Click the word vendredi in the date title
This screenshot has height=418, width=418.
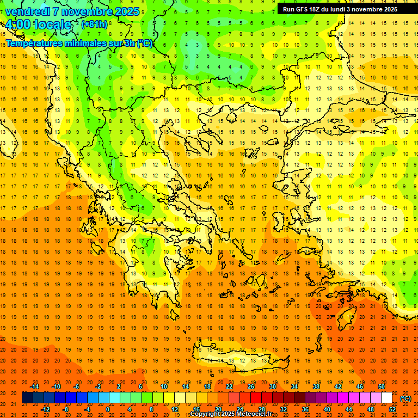point(28,11)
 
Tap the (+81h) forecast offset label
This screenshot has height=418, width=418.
point(94,24)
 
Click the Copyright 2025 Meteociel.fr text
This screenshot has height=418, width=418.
point(231,414)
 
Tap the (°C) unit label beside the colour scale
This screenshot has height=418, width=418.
point(405,398)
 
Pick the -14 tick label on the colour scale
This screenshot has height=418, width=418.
point(34,386)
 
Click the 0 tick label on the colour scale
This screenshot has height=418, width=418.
point(108,409)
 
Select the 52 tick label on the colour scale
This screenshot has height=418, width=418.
point(392,409)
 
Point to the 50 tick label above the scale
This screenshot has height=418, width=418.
point(382,386)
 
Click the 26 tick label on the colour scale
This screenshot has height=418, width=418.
point(251,386)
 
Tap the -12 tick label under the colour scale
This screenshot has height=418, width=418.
point(45,409)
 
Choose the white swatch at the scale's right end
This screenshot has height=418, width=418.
point(386,398)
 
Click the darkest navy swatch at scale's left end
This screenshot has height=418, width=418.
point(27,398)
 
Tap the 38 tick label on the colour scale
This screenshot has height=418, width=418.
point(316,386)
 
